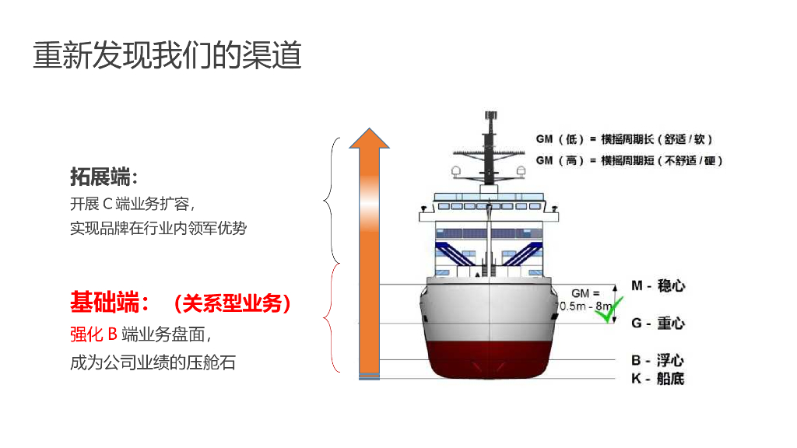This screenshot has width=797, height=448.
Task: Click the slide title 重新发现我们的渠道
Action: (167, 55)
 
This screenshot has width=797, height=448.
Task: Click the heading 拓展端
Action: (104, 177)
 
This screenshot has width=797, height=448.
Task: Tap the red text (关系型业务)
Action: (233, 303)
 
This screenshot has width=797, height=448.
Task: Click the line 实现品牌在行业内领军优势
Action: (159, 228)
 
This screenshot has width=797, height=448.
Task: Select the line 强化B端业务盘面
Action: (140, 334)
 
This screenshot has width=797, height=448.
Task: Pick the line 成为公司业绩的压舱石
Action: (153, 362)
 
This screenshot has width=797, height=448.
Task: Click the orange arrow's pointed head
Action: (369, 138)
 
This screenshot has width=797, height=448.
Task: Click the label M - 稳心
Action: (658, 285)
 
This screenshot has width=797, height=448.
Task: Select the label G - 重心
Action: (658, 323)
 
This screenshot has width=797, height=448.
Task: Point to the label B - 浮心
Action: (658, 360)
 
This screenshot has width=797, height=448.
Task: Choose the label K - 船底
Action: (658, 379)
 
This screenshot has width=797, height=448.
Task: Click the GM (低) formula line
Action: (624, 139)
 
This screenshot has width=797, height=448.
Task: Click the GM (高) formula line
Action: (629, 160)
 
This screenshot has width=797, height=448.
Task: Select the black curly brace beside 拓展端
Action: (332, 201)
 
